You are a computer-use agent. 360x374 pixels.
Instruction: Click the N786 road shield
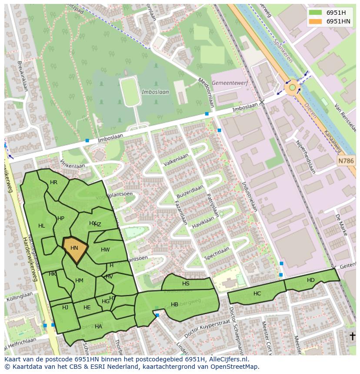click(x=346, y=161)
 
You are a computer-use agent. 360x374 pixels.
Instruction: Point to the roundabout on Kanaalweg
click(x=292, y=88)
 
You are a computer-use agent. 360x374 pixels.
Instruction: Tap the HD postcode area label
click(x=310, y=280)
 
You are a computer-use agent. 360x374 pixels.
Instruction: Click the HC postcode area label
click(x=257, y=294)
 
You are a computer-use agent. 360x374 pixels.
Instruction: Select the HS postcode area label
click(x=186, y=284)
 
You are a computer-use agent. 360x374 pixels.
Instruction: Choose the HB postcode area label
click(x=174, y=304)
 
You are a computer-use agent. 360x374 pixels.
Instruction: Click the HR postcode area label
click(x=53, y=182)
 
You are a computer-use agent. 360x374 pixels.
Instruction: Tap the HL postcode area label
click(x=42, y=226)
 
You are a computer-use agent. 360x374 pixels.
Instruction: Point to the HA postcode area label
click(x=98, y=327)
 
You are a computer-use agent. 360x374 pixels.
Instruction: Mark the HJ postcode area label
click(x=65, y=308)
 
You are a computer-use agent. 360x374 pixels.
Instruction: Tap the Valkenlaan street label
click(x=176, y=160)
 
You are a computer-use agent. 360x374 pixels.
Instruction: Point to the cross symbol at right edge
click(x=352, y=336)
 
